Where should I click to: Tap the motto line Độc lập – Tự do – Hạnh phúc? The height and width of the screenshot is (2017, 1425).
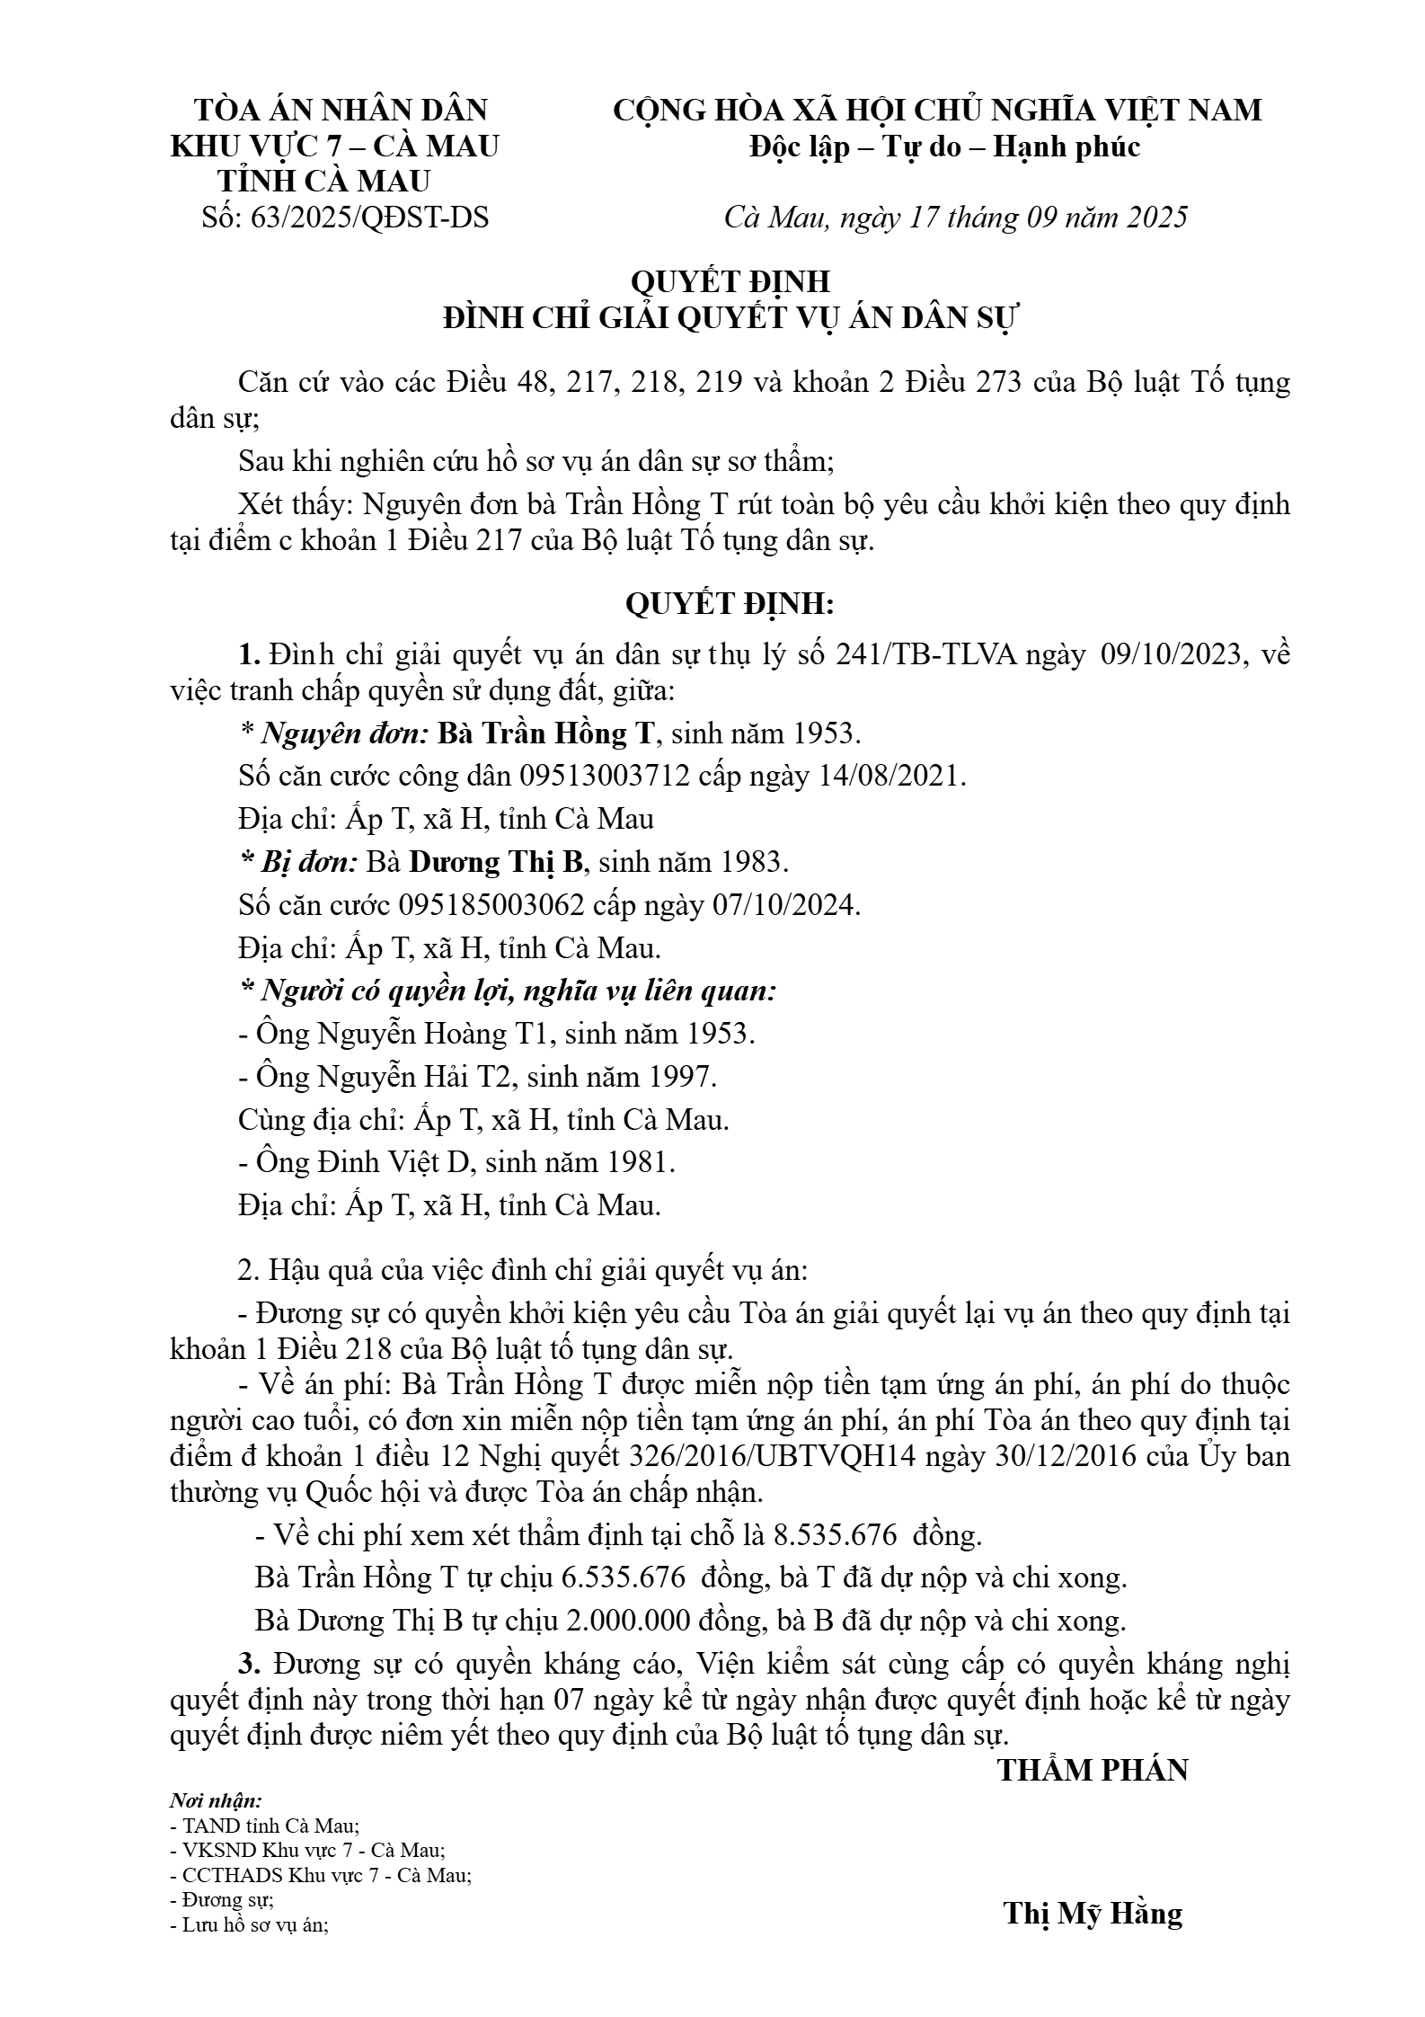click(x=945, y=147)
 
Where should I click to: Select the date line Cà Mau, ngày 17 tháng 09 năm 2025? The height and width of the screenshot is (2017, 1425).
click(x=955, y=218)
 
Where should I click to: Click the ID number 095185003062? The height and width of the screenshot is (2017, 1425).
click(x=491, y=904)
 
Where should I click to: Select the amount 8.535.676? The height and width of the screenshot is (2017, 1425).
click(x=835, y=1534)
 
